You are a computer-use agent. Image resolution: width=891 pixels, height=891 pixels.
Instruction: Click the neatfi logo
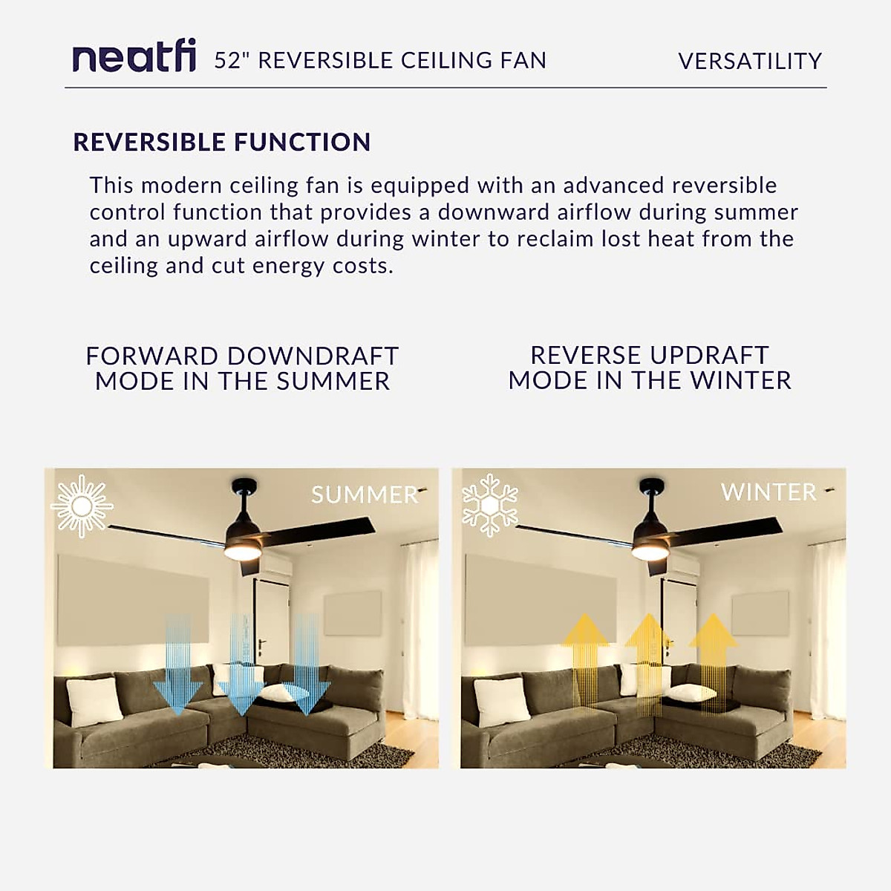coord(134,58)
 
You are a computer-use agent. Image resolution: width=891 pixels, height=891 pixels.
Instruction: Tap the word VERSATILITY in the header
coord(750,61)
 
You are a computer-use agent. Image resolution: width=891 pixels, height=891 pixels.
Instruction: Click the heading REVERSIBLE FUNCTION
coord(222,142)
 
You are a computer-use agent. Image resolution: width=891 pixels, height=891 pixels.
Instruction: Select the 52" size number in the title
coord(232,60)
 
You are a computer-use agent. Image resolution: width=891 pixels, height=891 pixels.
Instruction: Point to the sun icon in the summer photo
coord(82,506)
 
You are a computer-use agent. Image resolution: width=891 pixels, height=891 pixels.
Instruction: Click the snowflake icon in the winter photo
coord(490,506)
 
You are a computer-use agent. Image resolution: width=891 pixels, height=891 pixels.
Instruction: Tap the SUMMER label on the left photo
coord(365,495)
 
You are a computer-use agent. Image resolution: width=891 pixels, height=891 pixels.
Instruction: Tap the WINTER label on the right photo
coord(768,492)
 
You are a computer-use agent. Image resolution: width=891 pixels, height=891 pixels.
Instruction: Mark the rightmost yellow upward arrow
coord(713,653)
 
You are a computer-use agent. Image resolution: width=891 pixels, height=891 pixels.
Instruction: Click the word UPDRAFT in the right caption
coord(699,355)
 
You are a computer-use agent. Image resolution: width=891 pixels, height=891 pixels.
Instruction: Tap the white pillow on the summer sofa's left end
coord(94,700)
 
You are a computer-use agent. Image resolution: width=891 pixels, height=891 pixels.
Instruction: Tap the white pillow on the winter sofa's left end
coord(502,700)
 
